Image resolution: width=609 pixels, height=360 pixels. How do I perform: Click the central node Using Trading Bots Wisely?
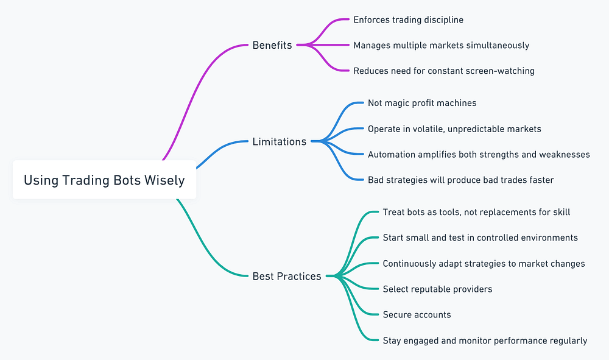click(x=104, y=180)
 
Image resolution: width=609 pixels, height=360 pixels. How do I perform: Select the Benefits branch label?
click(x=272, y=45)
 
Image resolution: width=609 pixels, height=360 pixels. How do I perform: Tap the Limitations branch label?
click(x=280, y=141)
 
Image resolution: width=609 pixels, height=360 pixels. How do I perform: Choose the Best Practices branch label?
click(x=287, y=276)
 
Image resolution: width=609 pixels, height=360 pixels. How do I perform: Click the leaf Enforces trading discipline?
click(x=408, y=19)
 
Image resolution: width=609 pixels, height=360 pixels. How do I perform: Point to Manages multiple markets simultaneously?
click(x=441, y=45)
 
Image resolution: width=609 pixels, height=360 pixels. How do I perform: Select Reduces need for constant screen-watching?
click(x=444, y=71)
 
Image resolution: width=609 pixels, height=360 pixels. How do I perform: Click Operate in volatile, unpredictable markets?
click(x=454, y=129)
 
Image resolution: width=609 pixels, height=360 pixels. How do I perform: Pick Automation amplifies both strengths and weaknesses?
click(x=479, y=154)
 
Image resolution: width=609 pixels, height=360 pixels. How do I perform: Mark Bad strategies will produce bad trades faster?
click(x=460, y=180)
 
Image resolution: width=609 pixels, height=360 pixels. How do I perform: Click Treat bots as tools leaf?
click(x=476, y=212)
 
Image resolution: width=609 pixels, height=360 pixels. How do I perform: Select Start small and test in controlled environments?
click(x=480, y=238)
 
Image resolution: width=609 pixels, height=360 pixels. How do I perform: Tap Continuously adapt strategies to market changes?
click(x=484, y=263)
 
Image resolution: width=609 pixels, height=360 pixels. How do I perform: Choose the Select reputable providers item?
click(x=437, y=289)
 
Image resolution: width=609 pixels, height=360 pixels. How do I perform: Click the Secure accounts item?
click(x=417, y=314)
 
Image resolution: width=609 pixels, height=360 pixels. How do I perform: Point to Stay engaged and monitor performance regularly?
click(x=485, y=340)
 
